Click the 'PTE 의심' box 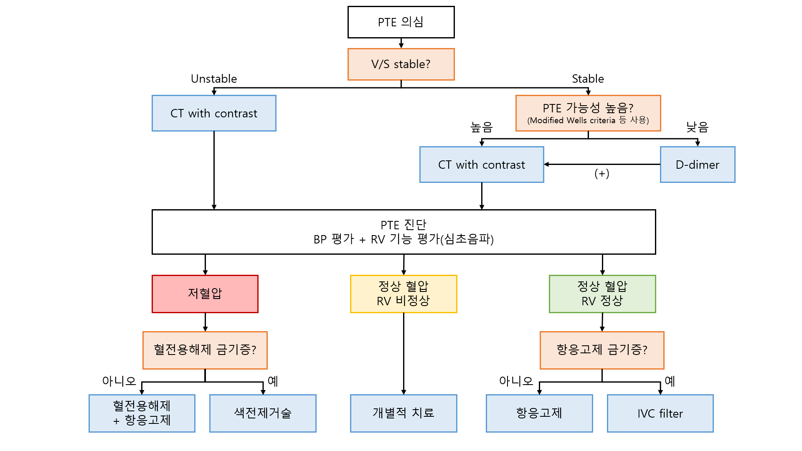pos(401,22)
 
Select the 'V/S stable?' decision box pos(401,64)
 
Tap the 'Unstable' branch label pos(214,79)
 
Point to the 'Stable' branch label pos(588,79)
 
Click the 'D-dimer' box pos(698,165)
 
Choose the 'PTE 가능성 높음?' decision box pos(588,113)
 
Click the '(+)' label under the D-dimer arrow pos(602,173)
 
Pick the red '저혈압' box pos(205,294)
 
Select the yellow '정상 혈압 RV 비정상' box pos(404,294)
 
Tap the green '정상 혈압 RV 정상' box pos(602,294)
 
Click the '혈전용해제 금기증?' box pos(205,350)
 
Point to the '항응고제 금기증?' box pos(602,350)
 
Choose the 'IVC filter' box pos(660,413)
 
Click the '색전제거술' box pos(263,413)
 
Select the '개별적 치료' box pos(404,413)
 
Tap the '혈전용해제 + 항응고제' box pos(142,413)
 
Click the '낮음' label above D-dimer pos(697,127)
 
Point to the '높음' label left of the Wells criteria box pos(482,127)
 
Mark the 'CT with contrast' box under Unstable pos(214,113)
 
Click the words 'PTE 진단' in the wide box pos(404,225)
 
